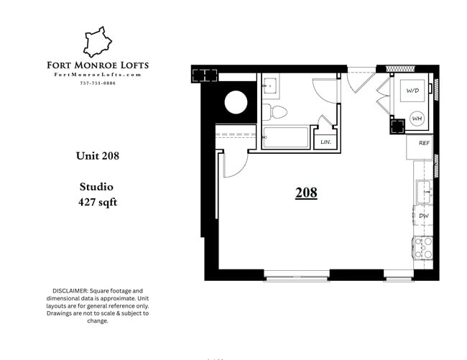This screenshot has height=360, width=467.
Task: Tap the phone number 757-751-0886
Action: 98,83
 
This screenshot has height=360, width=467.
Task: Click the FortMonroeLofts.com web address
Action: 98,75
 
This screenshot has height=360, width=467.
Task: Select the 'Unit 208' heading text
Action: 98,155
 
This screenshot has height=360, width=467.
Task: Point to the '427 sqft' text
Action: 98,202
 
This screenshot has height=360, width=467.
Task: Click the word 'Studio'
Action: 96,187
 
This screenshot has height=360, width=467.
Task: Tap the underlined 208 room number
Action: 306,193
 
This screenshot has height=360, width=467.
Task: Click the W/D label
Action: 412,91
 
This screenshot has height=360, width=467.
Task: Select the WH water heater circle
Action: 417,119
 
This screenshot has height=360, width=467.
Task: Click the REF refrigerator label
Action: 424,143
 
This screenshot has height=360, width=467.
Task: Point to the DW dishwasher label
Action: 424,216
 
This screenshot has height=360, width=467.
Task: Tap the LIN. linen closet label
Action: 325,142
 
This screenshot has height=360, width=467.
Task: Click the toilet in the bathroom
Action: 275,111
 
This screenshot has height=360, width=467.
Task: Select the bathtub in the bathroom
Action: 285,137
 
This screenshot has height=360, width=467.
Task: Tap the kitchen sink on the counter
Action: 424,191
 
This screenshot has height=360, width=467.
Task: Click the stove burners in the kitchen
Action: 424,247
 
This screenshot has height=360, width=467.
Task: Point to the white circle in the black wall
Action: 236,103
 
